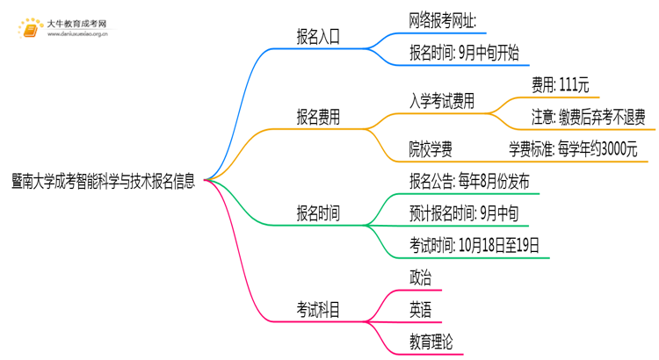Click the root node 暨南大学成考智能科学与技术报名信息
pos(104,180)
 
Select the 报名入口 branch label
pos(318,37)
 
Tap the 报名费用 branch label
pos(318,117)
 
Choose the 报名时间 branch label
pos(318,212)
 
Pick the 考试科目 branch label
pos(318,309)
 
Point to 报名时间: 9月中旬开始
pos(464,52)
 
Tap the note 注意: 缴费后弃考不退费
pos(588,116)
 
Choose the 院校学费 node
pos(431,148)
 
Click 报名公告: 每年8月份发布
pos(469,181)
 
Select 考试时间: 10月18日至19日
pos(474,244)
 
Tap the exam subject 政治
pos(420,277)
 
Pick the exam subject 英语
pos(420,309)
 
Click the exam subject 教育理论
pos(431,341)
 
